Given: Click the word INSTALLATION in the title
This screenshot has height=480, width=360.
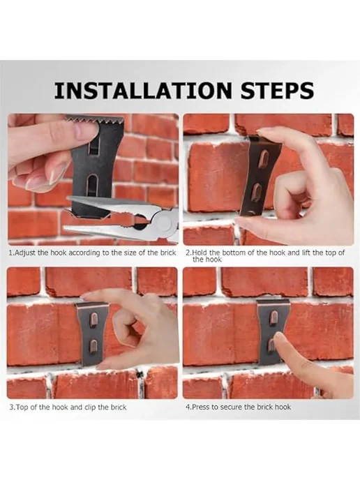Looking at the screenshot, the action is (x=143, y=90).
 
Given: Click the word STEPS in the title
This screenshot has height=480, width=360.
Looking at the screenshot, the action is (x=277, y=90).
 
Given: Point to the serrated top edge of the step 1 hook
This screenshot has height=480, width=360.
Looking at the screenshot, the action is (x=95, y=120).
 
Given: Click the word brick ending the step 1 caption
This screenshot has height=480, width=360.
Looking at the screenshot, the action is (x=168, y=253).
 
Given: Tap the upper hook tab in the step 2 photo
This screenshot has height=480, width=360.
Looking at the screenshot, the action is (x=263, y=159).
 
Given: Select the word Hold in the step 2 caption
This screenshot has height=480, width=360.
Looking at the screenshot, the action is (x=200, y=253).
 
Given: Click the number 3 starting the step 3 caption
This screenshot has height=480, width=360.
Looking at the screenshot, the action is (x=11, y=407).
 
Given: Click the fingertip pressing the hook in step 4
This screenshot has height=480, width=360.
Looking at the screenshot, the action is (x=279, y=338).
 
